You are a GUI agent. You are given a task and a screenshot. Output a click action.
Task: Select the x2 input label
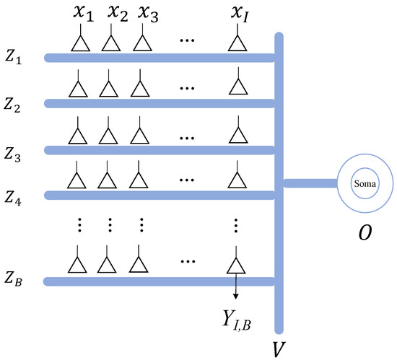(x=118, y=13)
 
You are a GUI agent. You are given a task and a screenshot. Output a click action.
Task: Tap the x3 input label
(x=149, y=13)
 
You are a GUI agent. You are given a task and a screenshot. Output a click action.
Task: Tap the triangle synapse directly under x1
(x=80, y=43)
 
